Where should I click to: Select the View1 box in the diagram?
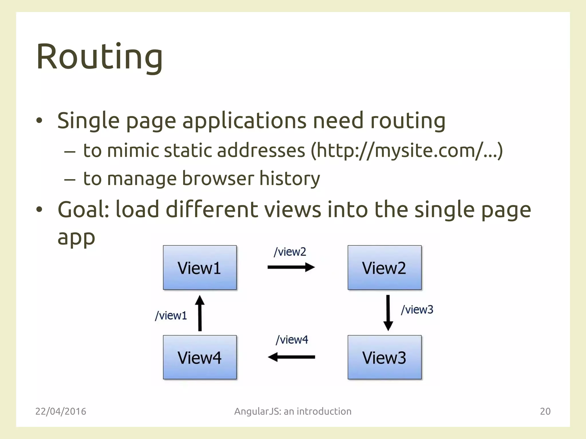(200, 268)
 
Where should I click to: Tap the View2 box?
(384, 268)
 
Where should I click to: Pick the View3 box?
(384, 357)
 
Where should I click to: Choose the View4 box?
(200, 357)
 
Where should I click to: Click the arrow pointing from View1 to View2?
(291, 268)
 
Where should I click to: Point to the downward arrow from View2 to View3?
(388, 313)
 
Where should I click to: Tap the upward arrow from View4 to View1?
(200, 313)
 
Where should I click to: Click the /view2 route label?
(290, 252)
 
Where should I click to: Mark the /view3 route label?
(417, 310)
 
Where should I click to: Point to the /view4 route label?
(292, 340)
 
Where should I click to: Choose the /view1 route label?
(171, 316)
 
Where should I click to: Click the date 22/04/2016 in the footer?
(61, 411)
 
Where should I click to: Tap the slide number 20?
(545, 411)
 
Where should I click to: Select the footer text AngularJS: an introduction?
(293, 411)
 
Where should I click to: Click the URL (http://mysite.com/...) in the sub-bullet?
(407, 150)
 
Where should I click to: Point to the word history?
(290, 178)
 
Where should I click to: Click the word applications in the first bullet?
(244, 121)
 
